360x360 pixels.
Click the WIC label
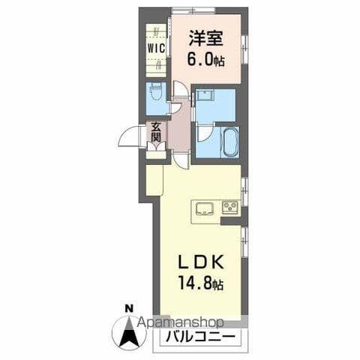[155, 47]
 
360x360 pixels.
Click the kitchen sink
[204, 207]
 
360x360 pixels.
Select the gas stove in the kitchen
[229, 207]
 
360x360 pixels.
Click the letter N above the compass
[128, 307]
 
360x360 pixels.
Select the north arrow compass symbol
[128, 330]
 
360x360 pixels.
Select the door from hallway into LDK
[181, 158]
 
